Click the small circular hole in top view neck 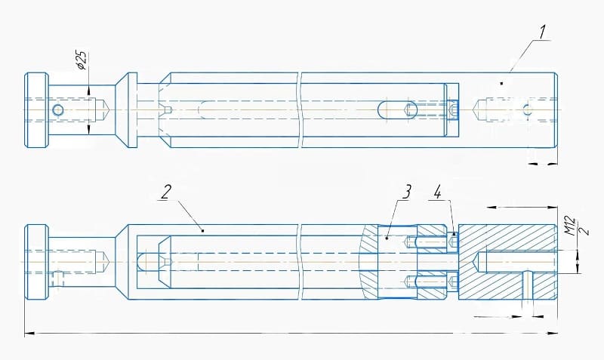click(x=58, y=110)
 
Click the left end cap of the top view click(x=37, y=110)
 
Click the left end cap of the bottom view click(x=37, y=261)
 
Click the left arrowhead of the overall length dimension click(x=27, y=331)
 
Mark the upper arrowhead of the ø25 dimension click(x=90, y=91)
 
